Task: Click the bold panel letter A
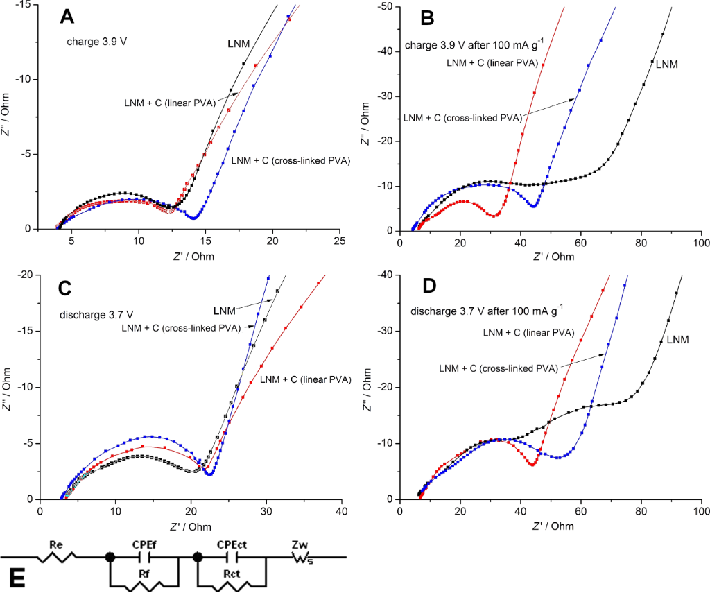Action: tap(67, 17)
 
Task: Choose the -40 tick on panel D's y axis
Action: tap(386, 275)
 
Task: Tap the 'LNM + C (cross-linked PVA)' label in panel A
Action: tap(290, 160)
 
